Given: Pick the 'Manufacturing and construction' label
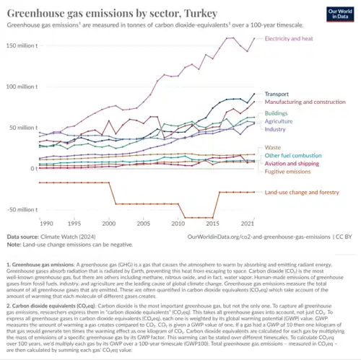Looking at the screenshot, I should coord(307,102).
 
